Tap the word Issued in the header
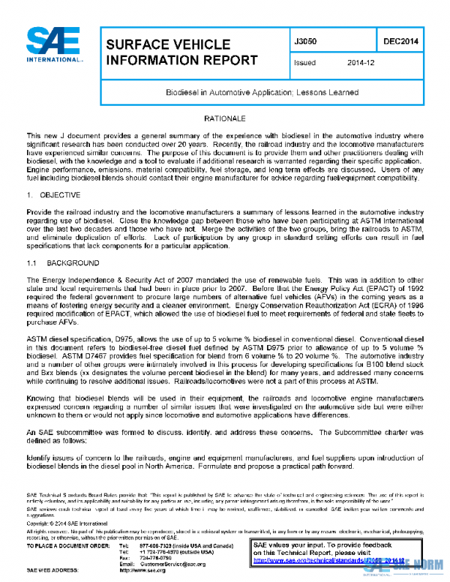point(304,63)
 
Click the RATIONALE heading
point(225,119)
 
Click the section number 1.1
point(32,264)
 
